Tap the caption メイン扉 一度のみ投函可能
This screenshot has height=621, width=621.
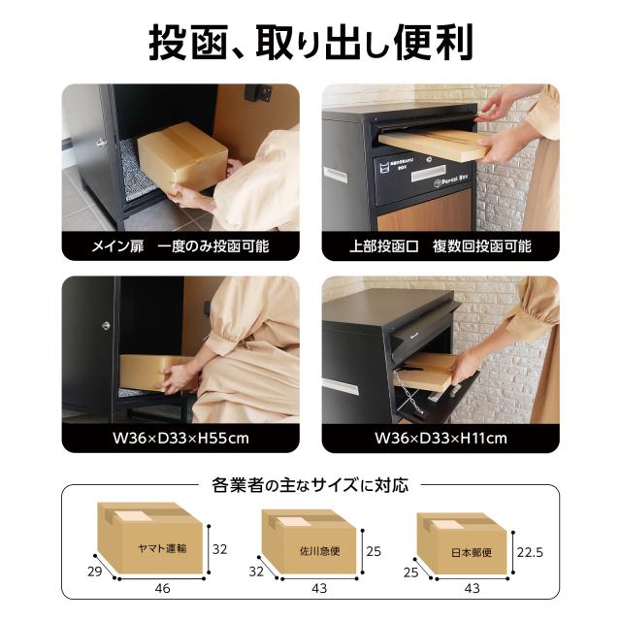(180, 245)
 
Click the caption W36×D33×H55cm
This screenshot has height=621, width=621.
(180, 438)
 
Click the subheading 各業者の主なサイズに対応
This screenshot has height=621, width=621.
(310, 482)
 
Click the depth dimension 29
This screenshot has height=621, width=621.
(95, 572)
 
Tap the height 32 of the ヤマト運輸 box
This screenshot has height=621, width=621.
(220, 549)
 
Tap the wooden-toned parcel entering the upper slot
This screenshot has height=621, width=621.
(432, 146)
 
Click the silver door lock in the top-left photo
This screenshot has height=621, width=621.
(100, 144)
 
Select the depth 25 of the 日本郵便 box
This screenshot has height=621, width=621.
(410, 572)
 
